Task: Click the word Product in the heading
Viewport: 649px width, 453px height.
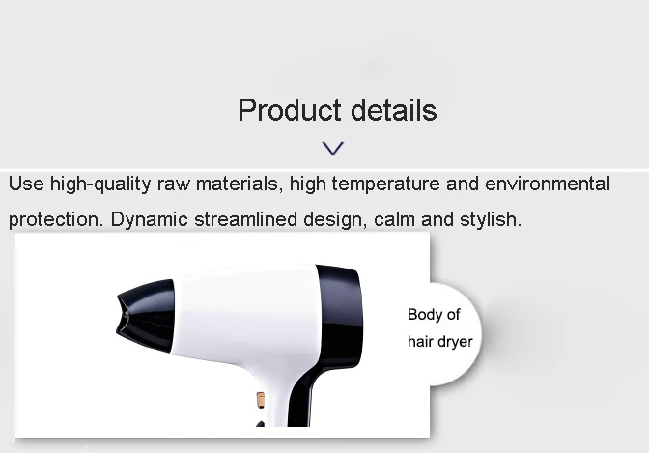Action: [290, 110]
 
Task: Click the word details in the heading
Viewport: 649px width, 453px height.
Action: [394, 110]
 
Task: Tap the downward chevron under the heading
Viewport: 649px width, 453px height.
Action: [333, 148]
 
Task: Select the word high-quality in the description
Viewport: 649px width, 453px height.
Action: [100, 184]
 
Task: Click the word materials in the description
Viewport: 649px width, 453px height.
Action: [240, 184]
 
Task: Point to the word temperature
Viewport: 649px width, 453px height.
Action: [385, 184]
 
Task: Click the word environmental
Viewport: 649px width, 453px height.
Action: [548, 184]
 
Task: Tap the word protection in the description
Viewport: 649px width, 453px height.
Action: [56, 219]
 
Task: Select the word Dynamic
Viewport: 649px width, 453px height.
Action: [150, 219]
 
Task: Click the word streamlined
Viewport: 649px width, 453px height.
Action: [246, 219]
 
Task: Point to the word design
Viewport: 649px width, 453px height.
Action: [335, 220]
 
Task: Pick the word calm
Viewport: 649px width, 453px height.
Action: [394, 219]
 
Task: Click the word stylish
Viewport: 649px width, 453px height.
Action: [491, 219]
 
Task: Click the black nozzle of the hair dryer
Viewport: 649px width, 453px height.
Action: [146, 316]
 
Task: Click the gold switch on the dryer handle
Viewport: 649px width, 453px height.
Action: [261, 400]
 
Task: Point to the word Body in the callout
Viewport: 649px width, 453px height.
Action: [423, 315]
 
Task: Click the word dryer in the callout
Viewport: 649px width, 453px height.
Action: [455, 342]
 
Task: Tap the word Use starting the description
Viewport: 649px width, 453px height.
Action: [26, 184]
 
